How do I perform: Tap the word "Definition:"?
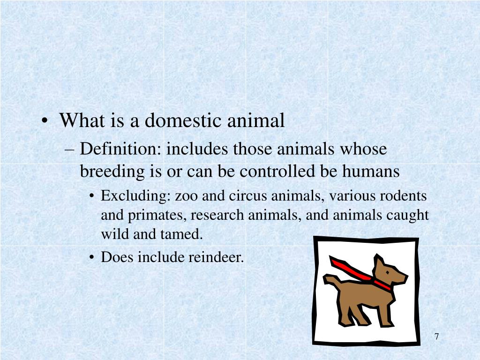click(120, 150)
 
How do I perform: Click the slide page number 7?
click(436, 337)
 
